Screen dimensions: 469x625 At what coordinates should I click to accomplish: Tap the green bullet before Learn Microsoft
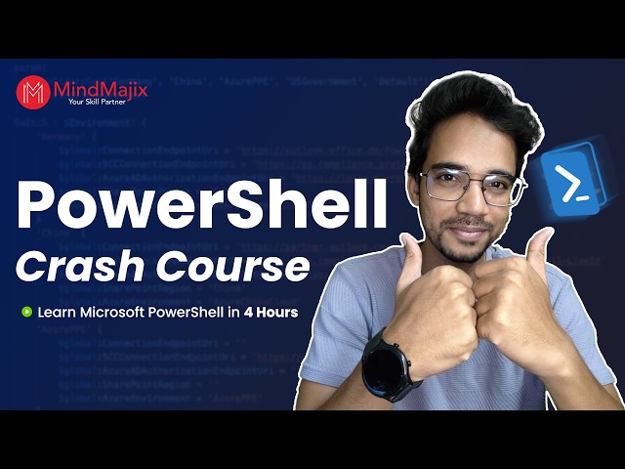26,314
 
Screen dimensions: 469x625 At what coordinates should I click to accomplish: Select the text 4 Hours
272,314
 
